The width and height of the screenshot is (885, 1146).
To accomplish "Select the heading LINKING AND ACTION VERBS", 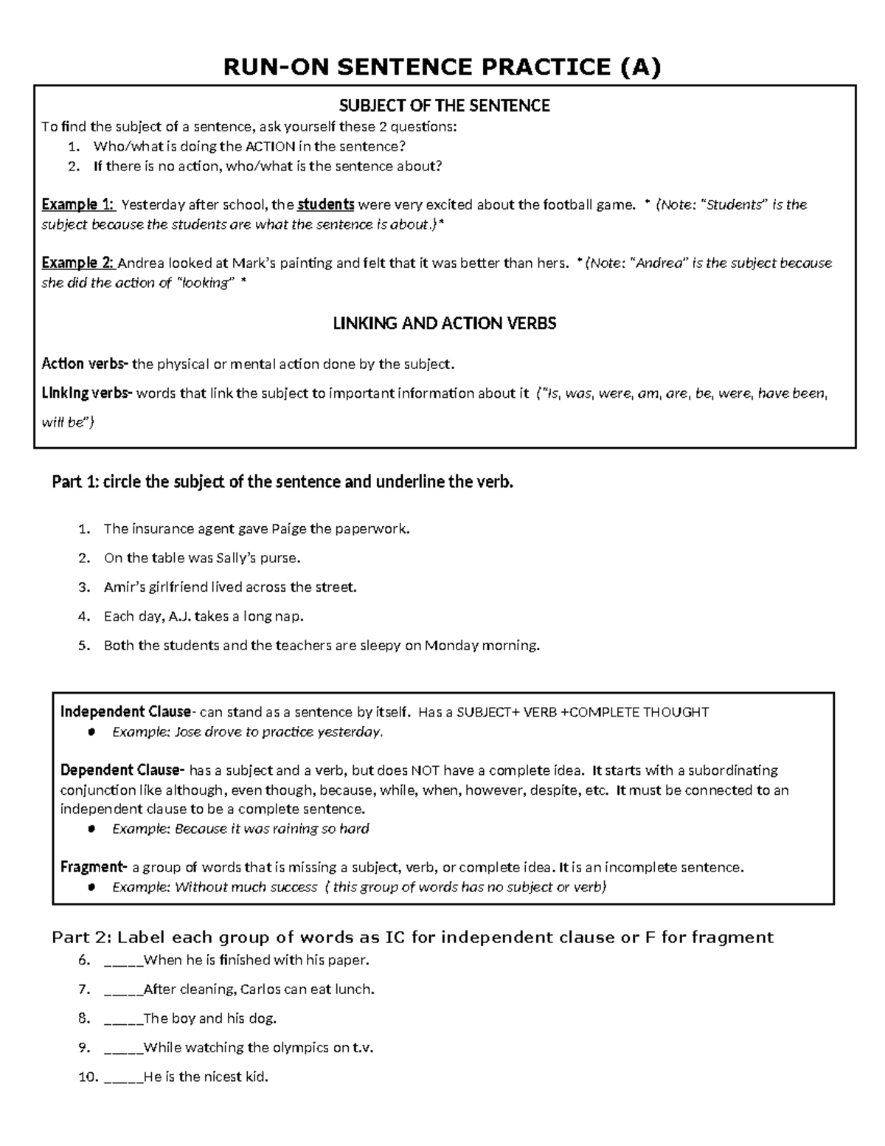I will pos(444,323).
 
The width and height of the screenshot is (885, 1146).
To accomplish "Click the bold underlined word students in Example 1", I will pos(325,204).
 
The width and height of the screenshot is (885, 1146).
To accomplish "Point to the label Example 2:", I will pos(78,263).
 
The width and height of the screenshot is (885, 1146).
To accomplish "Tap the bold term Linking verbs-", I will pos(87,393).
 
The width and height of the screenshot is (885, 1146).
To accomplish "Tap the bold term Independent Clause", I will pos(125,712).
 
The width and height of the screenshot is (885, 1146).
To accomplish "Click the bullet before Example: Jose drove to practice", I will pos(92,733).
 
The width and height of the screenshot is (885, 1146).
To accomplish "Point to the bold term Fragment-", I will pos(94,867).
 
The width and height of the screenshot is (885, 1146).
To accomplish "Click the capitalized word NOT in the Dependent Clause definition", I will pos(425,770).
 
